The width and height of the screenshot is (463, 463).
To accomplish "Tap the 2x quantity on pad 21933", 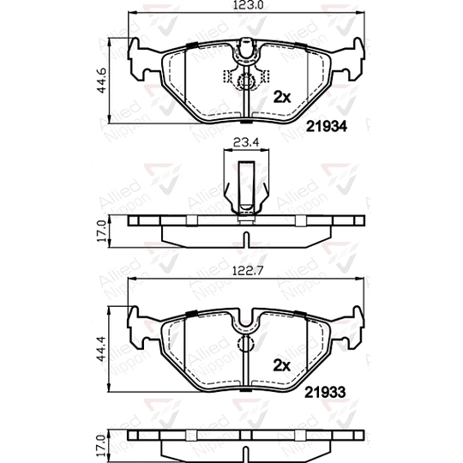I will point(282,364).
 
